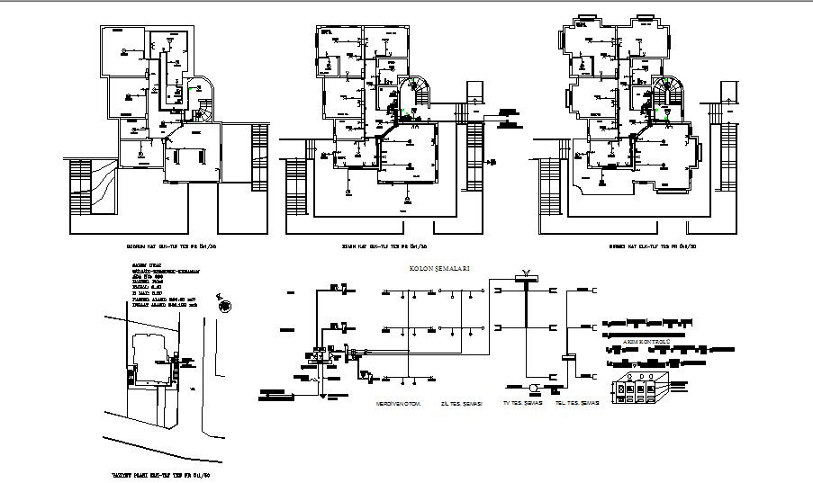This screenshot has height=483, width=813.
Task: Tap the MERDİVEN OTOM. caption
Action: click(x=400, y=404)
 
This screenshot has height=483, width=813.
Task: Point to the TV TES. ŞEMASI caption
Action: click(x=524, y=404)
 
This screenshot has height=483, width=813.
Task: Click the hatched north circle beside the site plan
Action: click(x=221, y=305)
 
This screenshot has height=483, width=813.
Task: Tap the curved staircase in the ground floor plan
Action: click(x=416, y=94)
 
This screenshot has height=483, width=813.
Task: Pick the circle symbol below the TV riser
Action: click(x=533, y=389)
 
